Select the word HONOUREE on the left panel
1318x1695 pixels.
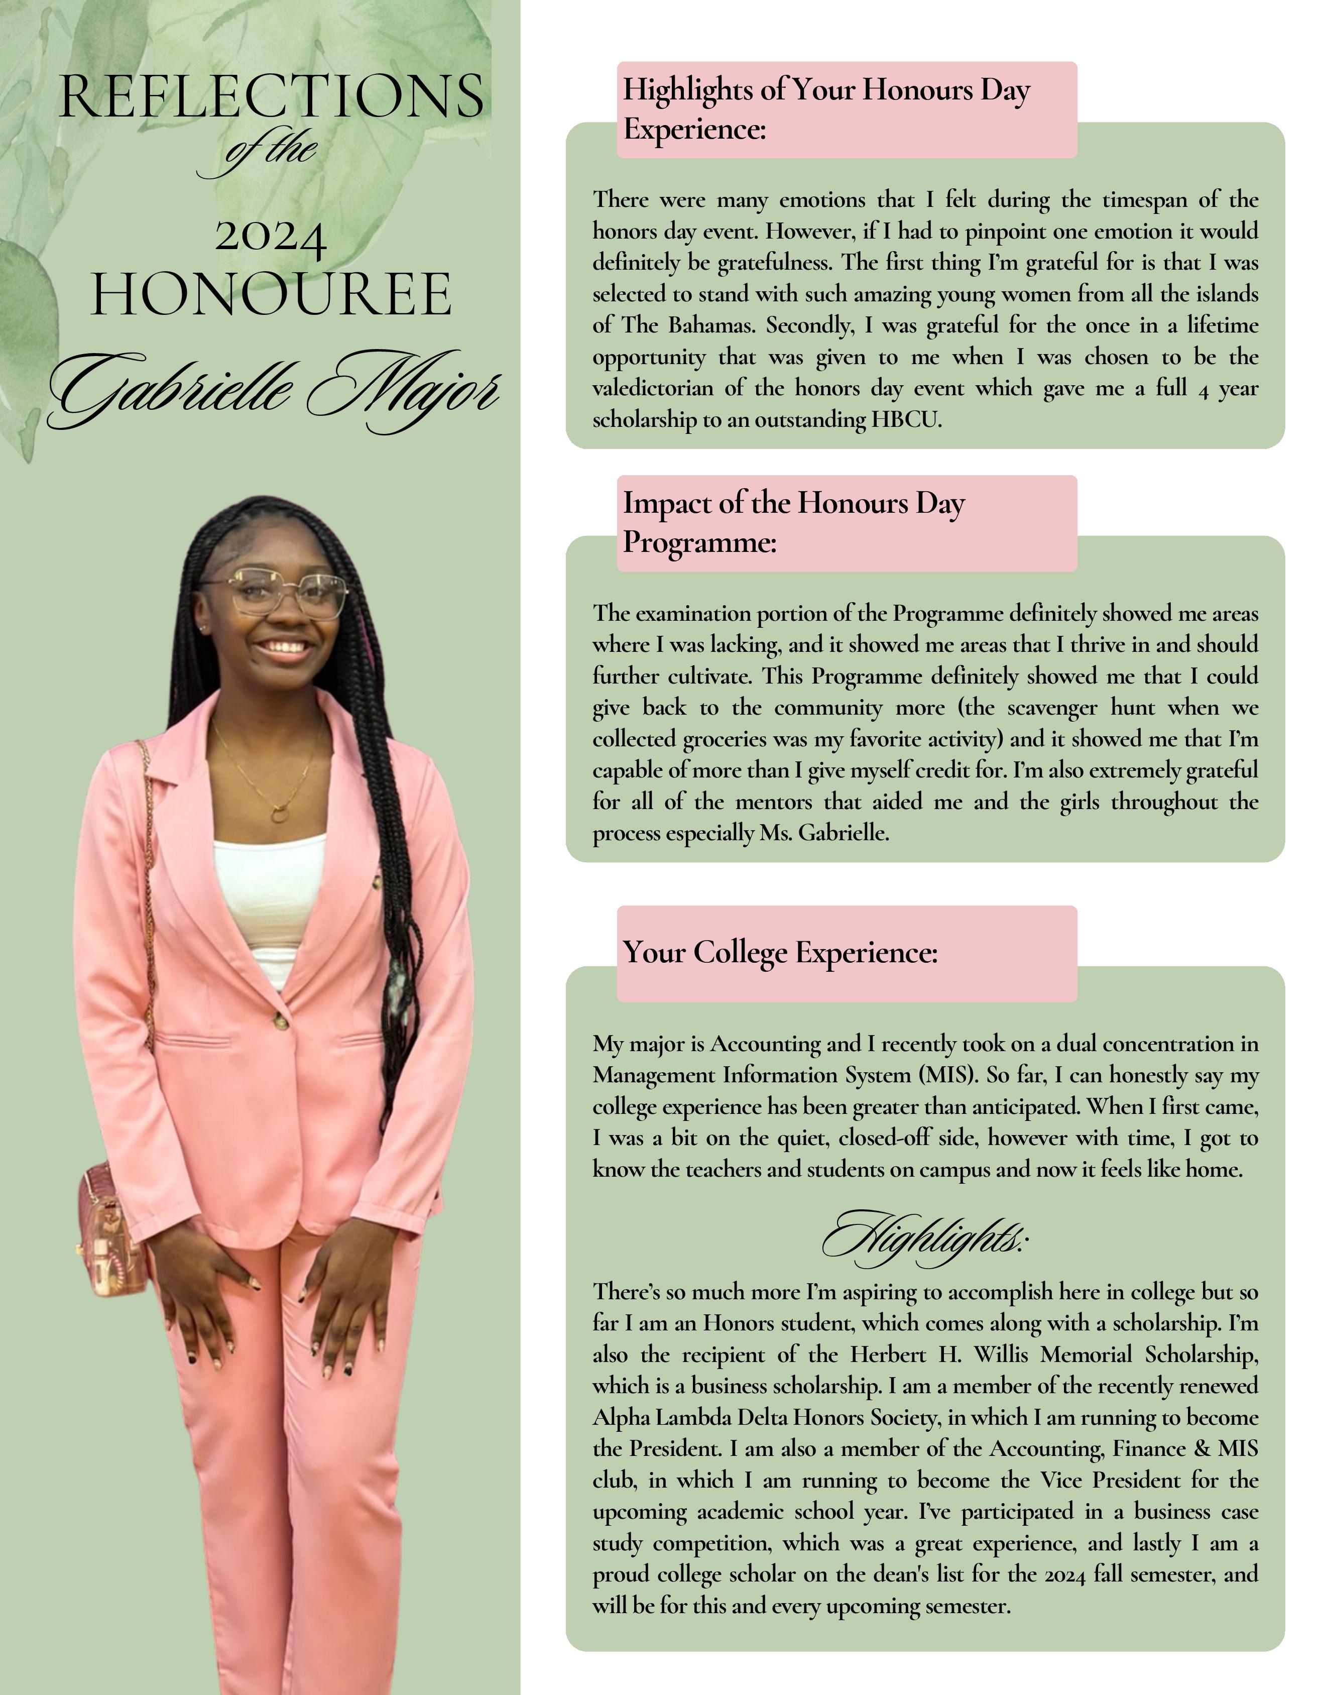[x=271, y=295]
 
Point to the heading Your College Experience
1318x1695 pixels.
[x=780, y=952]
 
